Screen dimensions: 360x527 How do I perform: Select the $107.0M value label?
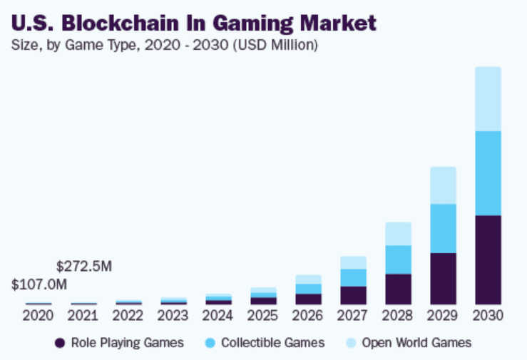39,284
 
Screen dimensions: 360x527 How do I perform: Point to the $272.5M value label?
84,266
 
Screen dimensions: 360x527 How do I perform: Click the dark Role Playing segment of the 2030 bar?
488,259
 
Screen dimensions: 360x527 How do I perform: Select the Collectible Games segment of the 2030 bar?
488,173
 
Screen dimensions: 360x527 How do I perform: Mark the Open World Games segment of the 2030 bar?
488,99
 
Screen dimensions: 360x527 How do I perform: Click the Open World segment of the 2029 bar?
443,185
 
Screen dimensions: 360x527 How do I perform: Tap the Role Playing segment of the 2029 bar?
443,278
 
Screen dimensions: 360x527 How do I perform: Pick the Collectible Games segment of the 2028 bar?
398,259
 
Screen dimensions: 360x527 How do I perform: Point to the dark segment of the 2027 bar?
353,295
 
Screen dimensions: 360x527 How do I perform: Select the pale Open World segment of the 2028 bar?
398,234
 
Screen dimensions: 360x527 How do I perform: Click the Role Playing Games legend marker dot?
61,343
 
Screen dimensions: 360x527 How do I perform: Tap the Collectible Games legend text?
272,343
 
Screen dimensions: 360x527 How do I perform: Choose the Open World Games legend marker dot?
351,343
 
